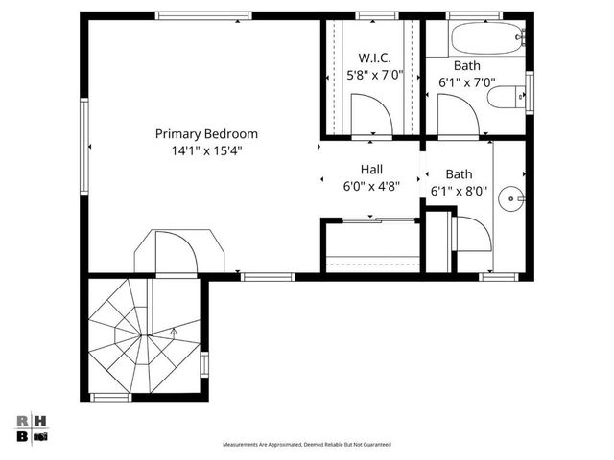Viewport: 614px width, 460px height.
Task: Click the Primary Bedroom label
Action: click(x=207, y=134)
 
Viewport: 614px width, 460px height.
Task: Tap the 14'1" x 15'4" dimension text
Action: click(x=207, y=150)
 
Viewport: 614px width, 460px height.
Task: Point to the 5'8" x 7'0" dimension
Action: click(x=374, y=74)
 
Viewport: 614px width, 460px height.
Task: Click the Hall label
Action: click(x=371, y=169)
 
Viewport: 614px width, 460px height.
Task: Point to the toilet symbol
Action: click(x=507, y=96)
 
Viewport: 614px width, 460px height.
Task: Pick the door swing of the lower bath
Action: click(x=472, y=233)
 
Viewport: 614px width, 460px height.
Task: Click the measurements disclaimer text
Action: click(x=307, y=445)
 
